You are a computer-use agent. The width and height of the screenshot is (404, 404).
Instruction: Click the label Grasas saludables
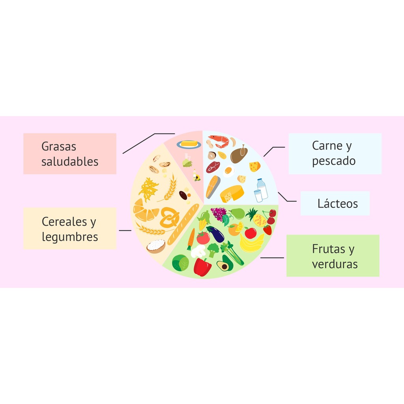click(x=70, y=154)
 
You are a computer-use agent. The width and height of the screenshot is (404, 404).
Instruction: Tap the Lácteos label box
click(x=335, y=203)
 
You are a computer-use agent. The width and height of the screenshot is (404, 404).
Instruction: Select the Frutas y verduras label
click(x=333, y=256)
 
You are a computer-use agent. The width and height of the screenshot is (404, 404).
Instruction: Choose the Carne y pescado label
click(x=335, y=153)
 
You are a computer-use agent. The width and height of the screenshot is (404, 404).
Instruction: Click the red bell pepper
click(x=202, y=267)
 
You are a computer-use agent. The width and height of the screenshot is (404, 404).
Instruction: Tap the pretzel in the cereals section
click(x=169, y=217)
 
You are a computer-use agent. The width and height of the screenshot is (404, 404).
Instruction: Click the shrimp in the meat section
click(x=219, y=141)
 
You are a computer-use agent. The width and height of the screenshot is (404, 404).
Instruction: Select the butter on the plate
click(x=189, y=144)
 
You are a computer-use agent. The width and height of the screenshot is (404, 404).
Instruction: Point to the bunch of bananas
click(x=251, y=243)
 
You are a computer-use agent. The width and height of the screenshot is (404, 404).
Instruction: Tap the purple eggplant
click(x=215, y=234)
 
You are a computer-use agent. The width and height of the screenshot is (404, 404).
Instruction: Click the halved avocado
click(x=225, y=264)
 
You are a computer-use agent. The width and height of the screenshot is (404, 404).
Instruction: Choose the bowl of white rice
click(x=156, y=246)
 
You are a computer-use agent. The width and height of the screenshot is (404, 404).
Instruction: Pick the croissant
click(x=145, y=211)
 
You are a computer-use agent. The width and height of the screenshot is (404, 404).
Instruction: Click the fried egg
click(x=228, y=171)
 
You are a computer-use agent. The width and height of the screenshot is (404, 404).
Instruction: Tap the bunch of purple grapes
click(x=219, y=213)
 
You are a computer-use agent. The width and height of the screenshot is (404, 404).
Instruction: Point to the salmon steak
click(x=213, y=187)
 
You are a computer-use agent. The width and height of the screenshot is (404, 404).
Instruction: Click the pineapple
click(x=256, y=218)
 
